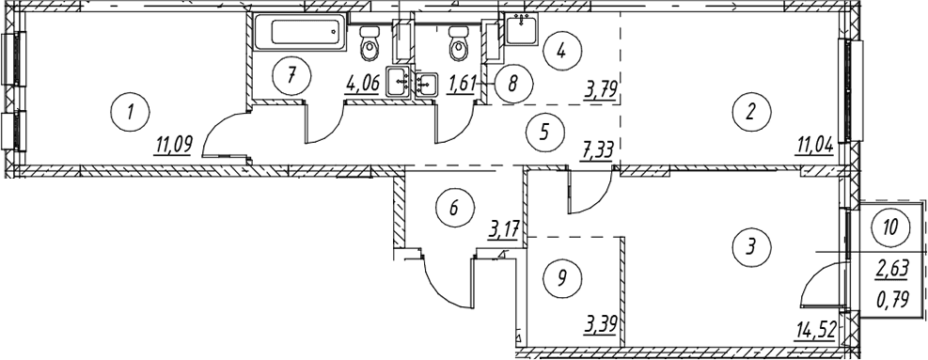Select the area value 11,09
[173, 145]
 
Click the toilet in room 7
[370, 42]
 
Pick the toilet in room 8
[459, 42]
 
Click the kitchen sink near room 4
[522, 28]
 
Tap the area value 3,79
[601, 93]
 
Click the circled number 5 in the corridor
[544, 131]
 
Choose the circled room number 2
[750, 111]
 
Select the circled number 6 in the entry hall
[454, 207]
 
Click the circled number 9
[562, 276]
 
